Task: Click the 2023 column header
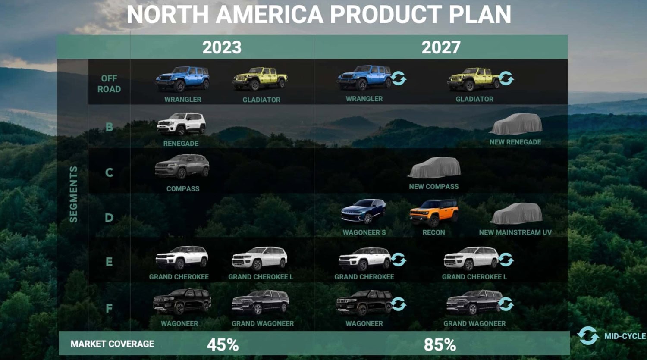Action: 222,47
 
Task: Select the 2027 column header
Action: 441,47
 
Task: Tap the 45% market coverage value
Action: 223,344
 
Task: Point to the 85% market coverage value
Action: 440,344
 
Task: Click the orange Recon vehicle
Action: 433,213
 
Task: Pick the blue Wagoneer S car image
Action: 364,212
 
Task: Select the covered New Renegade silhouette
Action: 516,124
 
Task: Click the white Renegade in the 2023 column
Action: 181,124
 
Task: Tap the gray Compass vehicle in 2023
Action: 182,166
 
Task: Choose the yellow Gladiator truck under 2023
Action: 260,79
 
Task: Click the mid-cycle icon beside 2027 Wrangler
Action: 399,78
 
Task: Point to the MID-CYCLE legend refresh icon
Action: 588,336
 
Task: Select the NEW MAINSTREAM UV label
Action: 515,232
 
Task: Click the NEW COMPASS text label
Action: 433,186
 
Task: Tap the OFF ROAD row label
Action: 109,84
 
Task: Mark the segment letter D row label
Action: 109,218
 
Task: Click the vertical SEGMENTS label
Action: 74,194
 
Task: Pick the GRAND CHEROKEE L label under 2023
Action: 261,277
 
